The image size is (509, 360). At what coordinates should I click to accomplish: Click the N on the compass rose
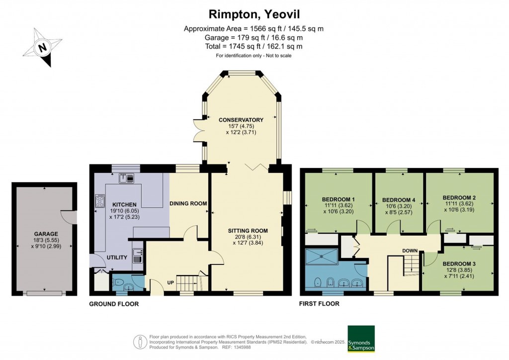43,48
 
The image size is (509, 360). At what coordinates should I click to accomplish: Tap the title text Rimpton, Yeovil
254,14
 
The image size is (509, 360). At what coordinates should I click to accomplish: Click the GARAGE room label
46,234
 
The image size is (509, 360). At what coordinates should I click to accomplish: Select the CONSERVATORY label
241,120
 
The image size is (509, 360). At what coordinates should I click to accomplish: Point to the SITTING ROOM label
248,231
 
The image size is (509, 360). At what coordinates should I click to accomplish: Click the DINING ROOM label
188,203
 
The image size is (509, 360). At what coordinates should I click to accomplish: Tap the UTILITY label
117,258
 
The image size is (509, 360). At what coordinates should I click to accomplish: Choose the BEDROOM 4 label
399,200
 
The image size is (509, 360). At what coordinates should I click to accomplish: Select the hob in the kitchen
99,201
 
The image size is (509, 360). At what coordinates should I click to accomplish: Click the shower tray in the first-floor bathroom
322,257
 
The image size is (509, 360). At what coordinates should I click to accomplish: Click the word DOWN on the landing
410,251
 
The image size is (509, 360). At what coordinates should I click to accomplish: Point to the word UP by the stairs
171,283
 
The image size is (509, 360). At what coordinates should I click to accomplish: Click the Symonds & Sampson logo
361,339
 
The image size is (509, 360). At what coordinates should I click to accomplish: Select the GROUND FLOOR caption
114,304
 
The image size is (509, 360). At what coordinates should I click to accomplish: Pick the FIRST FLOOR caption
319,303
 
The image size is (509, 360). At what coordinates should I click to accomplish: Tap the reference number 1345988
242,348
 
